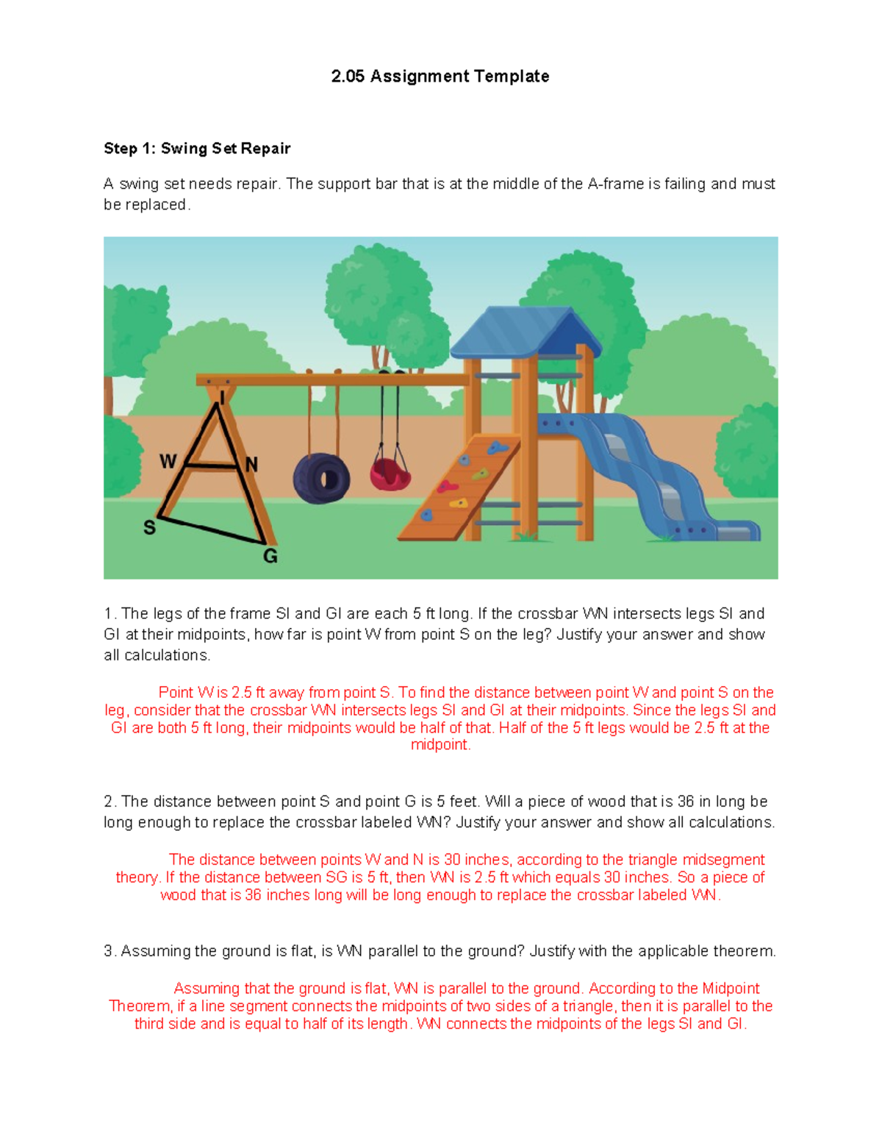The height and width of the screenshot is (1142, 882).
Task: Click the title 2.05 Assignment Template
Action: [x=440, y=76]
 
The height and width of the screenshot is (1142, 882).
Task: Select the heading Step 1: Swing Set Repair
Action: [x=197, y=149]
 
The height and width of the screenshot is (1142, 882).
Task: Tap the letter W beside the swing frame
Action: [x=168, y=461]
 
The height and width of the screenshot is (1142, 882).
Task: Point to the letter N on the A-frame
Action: [x=251, y=465]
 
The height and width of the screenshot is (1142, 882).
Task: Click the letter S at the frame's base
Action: [x=149, y=527]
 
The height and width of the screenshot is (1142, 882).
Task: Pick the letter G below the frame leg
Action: [x=270, y=556]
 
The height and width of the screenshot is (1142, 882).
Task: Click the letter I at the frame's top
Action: [x=221, y=398]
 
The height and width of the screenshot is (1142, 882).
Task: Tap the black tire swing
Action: [x=321, y=479]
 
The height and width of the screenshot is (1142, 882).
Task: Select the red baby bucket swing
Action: [x=389, y=474]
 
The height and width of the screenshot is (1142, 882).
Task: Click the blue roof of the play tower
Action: [x=523, y=331]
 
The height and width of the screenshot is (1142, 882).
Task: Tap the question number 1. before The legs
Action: [x=110, y=614]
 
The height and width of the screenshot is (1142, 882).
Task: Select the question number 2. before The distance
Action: [x=110, y=802]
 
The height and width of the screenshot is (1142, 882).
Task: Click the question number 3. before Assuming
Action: [x=110, y=952]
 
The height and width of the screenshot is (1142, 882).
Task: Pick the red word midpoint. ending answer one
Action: [x=440, y=745]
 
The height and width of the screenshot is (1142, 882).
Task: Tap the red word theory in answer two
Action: [x=137, y=878]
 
